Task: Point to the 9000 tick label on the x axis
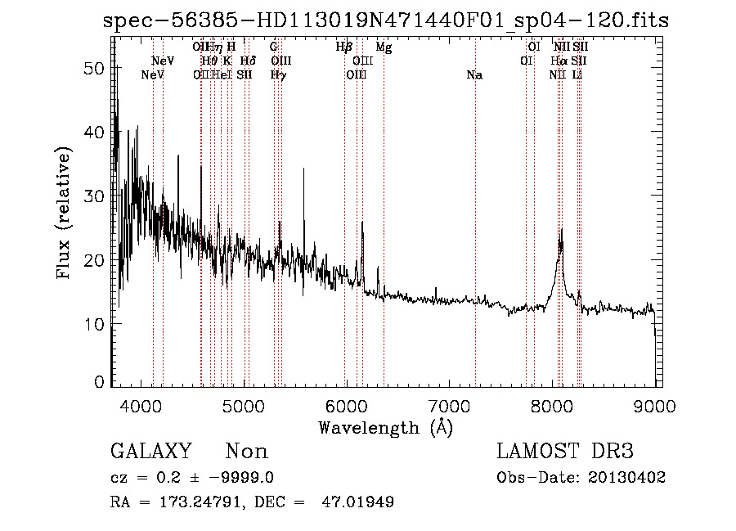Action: point(654,404)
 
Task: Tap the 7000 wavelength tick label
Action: point(450,404)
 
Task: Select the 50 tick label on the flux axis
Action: point(95,69)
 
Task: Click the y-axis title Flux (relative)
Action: point(64,212)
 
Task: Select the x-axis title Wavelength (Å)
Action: point(385,427)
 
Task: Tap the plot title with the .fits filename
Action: point(386,20)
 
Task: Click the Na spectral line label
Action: point(474,75)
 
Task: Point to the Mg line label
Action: point(384,47)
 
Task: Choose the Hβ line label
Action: point(344,47)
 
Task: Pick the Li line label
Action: point(577,75)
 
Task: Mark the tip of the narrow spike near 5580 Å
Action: point(305,168)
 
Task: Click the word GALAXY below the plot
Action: point(151,452)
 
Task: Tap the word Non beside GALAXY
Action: point(246,452)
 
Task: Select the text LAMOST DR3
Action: point(565,452)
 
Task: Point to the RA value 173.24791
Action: point(196,502)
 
